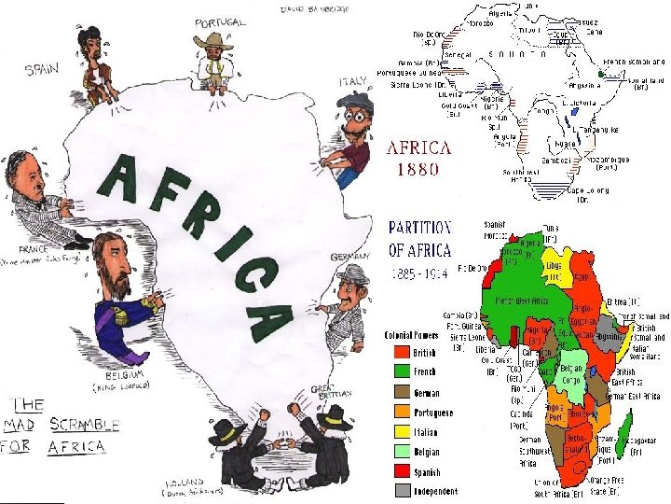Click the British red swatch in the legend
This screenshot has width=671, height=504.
tap(396, 353)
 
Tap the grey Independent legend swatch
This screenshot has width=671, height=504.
tap(396, 490)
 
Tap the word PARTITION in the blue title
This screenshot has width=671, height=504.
tap(419, 227)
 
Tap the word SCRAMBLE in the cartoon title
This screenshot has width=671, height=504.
tap(83, 425)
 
